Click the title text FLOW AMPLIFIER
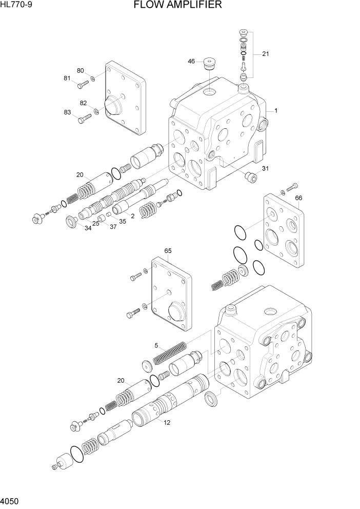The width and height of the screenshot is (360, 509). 177,6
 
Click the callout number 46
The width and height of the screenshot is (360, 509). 191,61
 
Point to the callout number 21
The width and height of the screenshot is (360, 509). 265,54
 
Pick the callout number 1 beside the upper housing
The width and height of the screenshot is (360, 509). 275,110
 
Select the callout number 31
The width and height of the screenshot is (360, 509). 265,168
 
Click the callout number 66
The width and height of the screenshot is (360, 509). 299,198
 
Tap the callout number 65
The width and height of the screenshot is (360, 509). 167,251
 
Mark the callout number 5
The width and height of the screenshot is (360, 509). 157,345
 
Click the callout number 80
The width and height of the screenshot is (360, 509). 81,70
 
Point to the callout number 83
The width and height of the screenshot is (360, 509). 67,112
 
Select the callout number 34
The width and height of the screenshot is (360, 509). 88,228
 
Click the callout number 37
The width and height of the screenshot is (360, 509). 113,226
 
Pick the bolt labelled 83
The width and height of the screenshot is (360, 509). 85,119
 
